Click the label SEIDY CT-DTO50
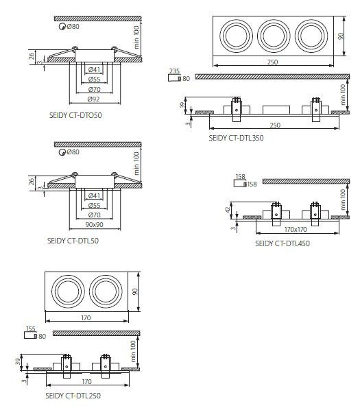[x=75, y=115]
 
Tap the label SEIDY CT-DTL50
[x=73, y=241]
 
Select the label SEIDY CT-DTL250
[x=73, y=396]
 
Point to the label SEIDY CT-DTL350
[x=236, y=138]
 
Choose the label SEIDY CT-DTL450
[x=283, y=243]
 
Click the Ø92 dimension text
[x=94, y=99]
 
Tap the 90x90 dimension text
[x=94, y=224]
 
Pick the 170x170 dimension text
[x=296, y=230]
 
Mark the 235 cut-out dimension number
[x=174, y=71]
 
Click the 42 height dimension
[x=228, y=210]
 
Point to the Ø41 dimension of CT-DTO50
[x=94, y=70]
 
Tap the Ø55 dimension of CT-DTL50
[x=94, y=206]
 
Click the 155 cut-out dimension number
[x=31, y=329]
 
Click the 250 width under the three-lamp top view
[x=273, y=62]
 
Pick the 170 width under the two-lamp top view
[x=86, y=318]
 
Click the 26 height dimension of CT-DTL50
[x=32, y=182]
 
